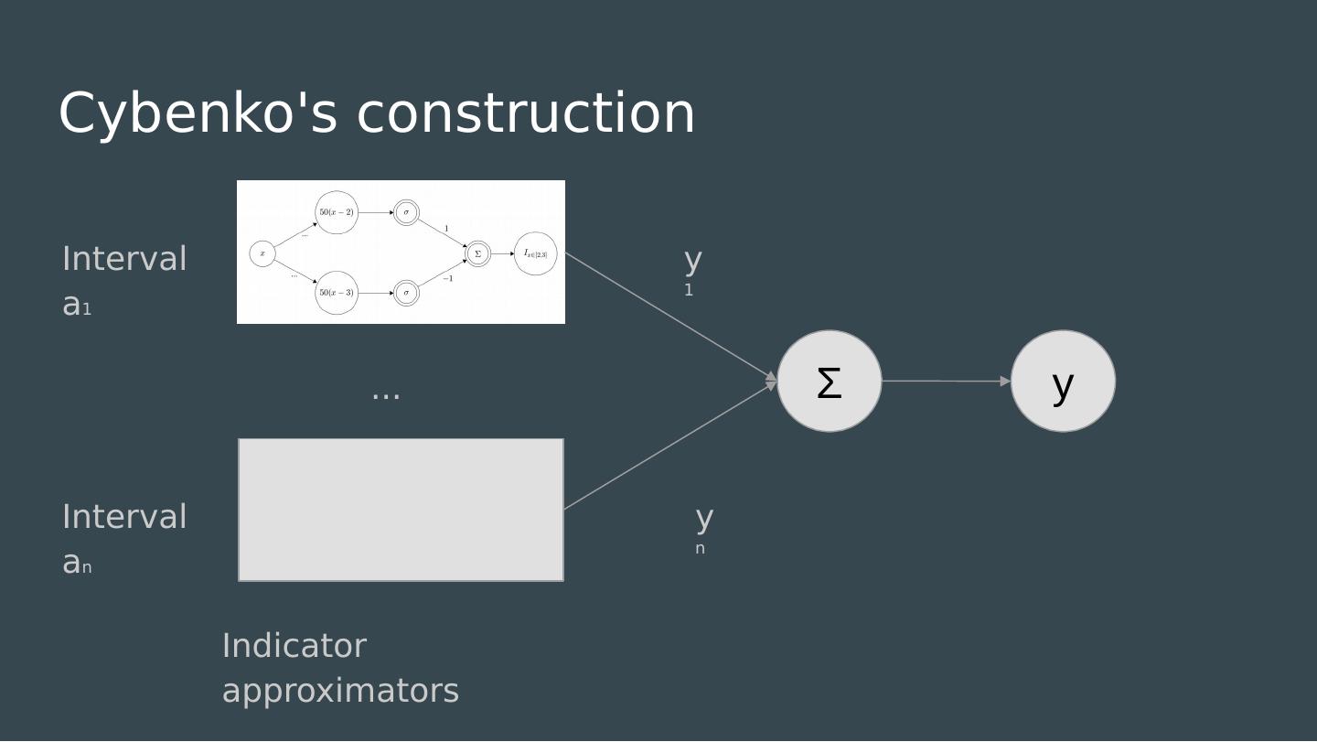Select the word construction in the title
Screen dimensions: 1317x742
point(526,113)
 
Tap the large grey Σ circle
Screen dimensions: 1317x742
point(829,382)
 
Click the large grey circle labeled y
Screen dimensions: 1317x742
point(1063,382)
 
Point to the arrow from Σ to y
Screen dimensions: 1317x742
point(946,381)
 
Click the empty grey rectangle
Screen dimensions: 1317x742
point(401,510)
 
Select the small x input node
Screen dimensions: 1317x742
point(262,253)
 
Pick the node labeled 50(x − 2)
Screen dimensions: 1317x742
point(337,212)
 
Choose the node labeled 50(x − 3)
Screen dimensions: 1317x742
point(337,293)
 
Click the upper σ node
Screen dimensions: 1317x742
point(406,212)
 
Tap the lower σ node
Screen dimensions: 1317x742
point(406,293)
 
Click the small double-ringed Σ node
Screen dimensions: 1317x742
point(477,253)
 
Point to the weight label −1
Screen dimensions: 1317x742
point(447,278)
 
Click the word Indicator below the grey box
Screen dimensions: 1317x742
point(294,646)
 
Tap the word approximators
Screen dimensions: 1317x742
point(340,691)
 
